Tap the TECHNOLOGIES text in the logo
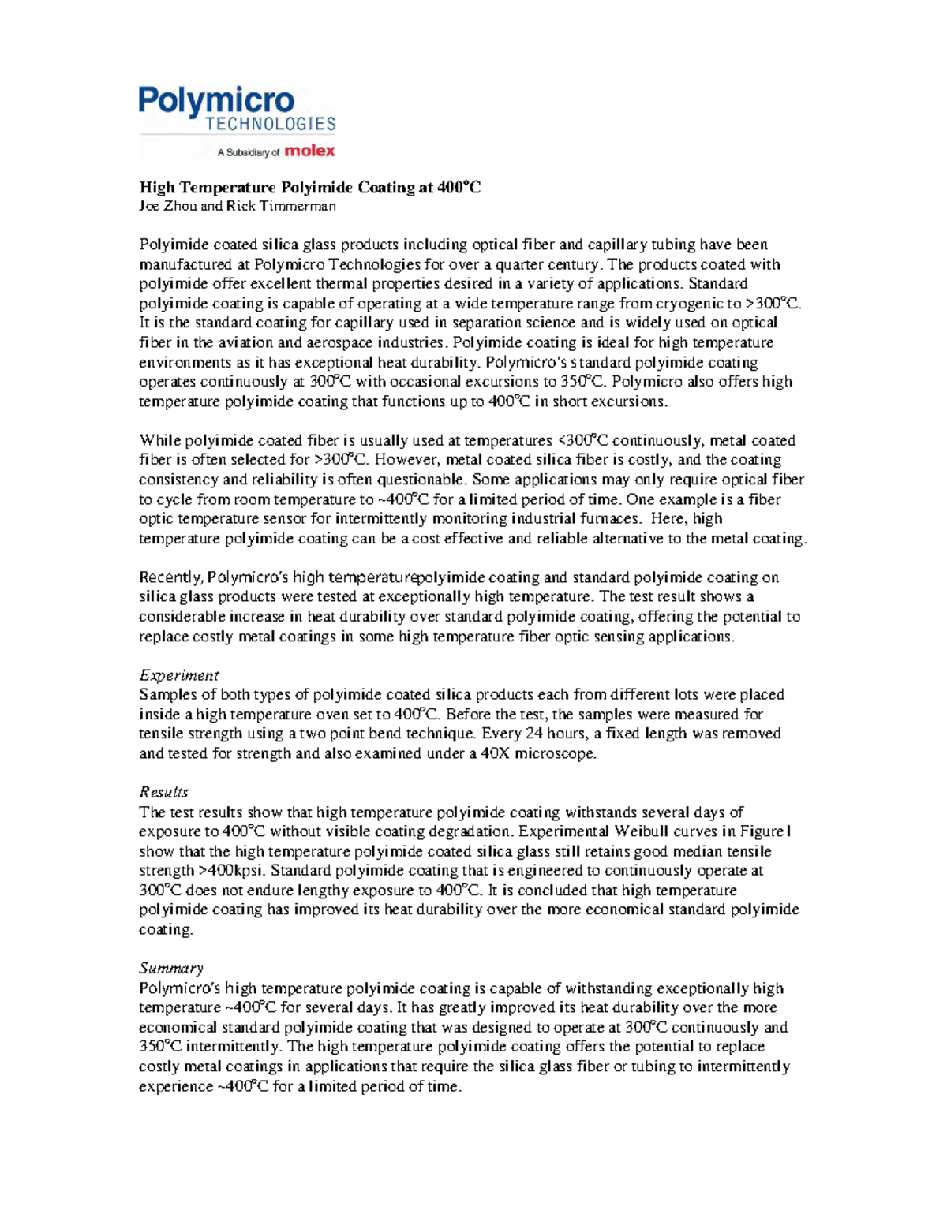click(271, 124)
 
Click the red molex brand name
click(309, 151)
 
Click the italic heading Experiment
click(178, 675)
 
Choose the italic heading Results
click(163, 792)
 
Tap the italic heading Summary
click(171, 968)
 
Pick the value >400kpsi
click(232, 871)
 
